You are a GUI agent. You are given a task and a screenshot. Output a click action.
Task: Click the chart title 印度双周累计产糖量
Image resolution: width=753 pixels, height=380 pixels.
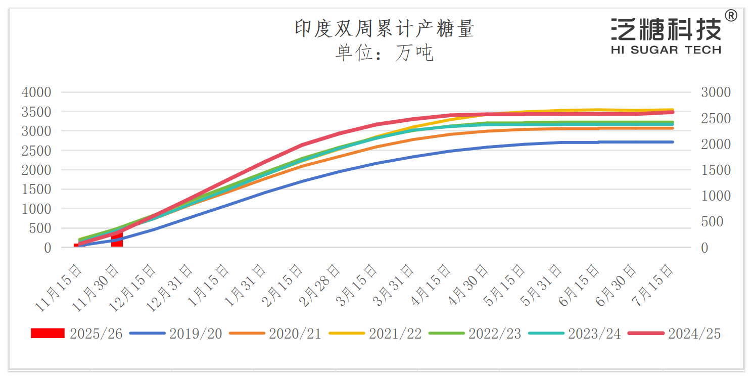tap(384, 29)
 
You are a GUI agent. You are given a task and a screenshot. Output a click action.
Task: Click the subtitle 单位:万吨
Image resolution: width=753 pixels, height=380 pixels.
tap(384, 53)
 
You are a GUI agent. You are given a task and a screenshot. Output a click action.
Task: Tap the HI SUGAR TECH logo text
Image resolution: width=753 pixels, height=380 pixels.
tap(666, 50)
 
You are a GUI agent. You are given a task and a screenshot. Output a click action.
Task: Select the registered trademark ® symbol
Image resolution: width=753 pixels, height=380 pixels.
tap(730, 16)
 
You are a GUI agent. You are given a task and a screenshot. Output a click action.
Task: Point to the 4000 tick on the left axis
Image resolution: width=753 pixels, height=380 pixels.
tap(36, 92)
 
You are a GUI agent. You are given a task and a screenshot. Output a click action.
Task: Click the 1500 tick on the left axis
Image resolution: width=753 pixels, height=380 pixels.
tap(36, 189)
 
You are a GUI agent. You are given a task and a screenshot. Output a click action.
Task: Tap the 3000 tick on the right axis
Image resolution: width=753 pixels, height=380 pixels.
tap(716, 92)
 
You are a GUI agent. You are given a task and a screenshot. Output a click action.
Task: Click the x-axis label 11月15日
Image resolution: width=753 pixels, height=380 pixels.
tap(60, 285)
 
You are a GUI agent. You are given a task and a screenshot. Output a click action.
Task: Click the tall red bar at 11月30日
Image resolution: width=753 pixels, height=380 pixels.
tap(117, 241)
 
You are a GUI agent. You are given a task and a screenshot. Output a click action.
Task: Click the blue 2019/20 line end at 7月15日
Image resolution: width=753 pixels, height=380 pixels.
tap(672, 142)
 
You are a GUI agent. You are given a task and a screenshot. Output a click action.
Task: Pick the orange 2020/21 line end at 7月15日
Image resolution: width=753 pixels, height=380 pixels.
tap(672, 128)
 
